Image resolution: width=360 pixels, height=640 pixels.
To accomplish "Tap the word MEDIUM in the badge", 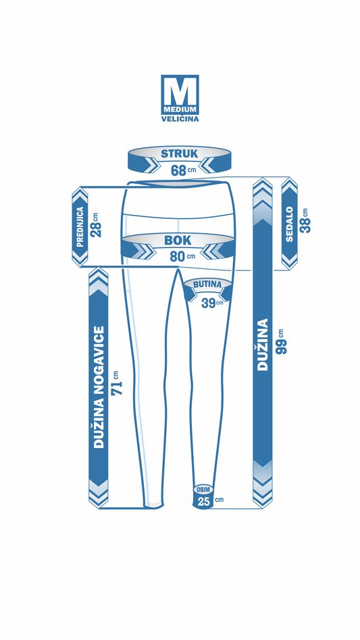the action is coord(180,110).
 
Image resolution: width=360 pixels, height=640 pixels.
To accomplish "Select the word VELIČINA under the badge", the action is coord(180,119).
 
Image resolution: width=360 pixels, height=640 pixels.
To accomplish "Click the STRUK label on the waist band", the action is coord(179,154).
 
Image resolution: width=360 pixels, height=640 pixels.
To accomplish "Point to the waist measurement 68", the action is coord(178,170).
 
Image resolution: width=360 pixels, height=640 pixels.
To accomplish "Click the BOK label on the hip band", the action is coord(178,241).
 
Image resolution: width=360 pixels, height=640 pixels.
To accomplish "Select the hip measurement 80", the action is coord(178,257).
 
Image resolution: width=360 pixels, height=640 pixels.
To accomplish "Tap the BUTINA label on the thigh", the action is coord(207,285).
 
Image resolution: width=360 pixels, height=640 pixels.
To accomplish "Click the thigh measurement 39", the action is coord(208,303).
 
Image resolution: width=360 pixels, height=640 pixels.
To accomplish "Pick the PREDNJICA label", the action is coord(80,227).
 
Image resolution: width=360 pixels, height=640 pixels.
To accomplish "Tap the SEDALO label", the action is coord(290,224).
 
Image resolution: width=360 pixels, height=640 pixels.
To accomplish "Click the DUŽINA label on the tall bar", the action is coord(263,344).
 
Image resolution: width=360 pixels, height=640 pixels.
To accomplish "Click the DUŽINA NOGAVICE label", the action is coord(99,387).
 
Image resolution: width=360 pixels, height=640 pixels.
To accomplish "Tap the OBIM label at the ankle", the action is coord(203,489).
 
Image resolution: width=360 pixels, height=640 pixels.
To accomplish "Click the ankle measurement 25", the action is coord(203,501).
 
